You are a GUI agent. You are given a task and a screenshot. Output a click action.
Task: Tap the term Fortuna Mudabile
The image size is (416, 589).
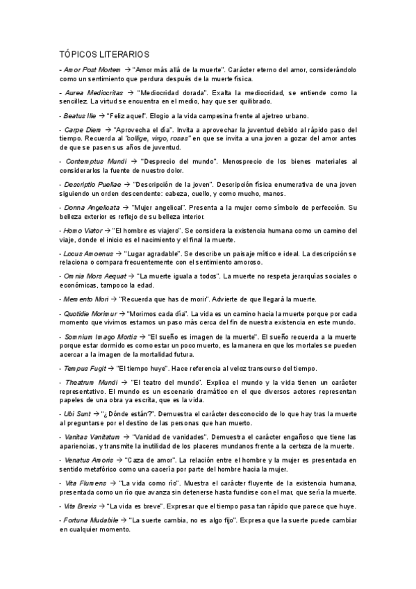coord(91,520)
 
